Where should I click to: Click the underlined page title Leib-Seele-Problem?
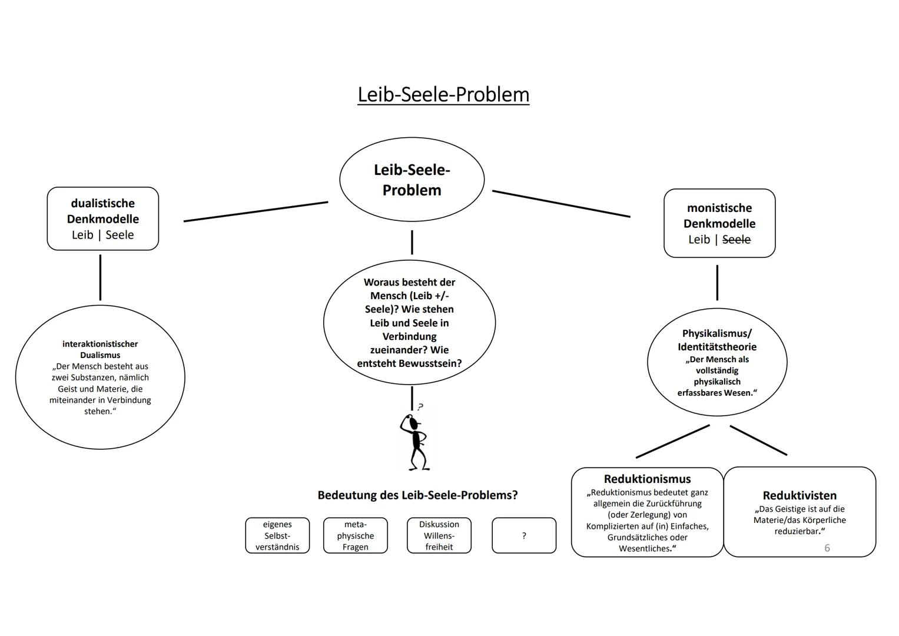click(443, 94)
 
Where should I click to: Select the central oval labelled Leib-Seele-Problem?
click(412, 180)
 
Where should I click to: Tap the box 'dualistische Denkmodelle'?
click(103, 218)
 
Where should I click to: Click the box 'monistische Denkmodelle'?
click(719, 223)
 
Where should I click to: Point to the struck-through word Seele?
click(737, 240)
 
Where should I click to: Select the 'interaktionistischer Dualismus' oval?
click(100, 377)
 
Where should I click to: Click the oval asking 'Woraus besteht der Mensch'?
click(409, 323)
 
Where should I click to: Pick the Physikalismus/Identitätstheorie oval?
click(716, 362)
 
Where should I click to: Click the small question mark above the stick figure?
click(420, 407)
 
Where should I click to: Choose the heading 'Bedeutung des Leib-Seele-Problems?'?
click(417, 495)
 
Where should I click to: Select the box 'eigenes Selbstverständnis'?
click(277, 535)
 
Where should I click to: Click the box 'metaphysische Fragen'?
click(355, 535)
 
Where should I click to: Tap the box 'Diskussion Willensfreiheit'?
click(439, 535)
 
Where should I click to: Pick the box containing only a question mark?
click(523, 535)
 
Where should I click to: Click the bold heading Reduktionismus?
click(647, 479)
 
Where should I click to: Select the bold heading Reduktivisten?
click(799, 496)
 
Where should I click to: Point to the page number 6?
click(827, 548)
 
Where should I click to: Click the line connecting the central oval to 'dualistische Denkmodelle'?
click(256, 211)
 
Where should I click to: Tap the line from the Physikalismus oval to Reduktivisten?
click(758, 440)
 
